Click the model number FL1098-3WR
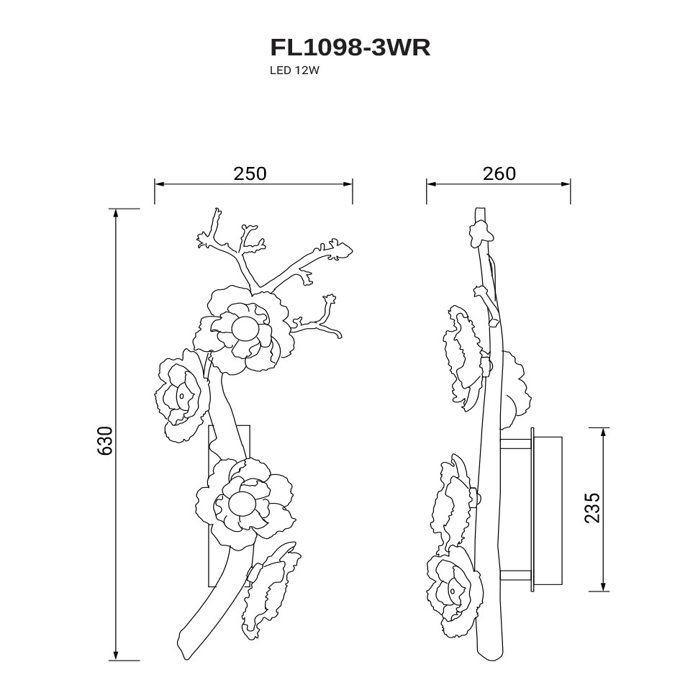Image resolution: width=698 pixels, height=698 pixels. click(350, 47)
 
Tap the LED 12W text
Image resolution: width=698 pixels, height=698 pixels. click(295, 71)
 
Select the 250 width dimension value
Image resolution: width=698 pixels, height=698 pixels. click(250, 173)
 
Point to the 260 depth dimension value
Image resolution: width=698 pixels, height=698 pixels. click(499, 173)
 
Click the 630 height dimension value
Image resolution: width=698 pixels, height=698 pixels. click(105, 440)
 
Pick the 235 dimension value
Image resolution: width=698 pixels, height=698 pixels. click(592, 507)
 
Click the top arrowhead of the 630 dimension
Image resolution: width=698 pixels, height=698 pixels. click(116, 213)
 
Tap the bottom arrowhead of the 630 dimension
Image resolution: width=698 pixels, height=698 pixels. click(116, 656)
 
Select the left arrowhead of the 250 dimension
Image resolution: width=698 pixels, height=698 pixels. click(159, 183)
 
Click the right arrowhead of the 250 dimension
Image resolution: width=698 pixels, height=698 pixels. click(348, 183)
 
